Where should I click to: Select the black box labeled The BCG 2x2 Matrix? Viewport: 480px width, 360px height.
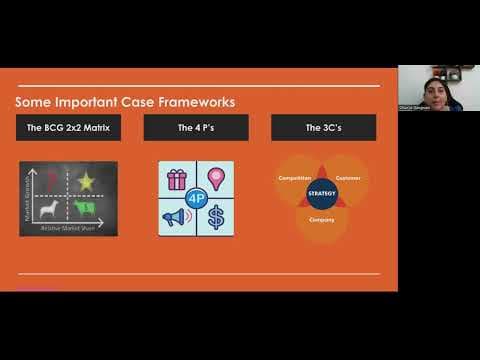pos(68,127)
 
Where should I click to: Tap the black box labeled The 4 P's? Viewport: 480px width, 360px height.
pos(196,127)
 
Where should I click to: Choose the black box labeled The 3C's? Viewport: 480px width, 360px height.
pos(323,127)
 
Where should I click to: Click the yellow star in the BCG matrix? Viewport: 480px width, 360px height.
pos(85,181)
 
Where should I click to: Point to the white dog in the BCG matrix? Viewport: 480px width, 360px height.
pos(48,210)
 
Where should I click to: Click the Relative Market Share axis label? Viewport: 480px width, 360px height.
pos(69,229)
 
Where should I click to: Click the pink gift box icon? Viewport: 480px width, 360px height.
pos(177,179)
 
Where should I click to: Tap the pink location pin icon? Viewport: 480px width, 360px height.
pos(215,178)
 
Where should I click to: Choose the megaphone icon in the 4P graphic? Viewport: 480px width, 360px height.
pos(176,216)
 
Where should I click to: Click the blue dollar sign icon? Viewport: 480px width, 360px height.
pos(215,216)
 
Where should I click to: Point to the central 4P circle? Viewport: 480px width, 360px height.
pos(196,197)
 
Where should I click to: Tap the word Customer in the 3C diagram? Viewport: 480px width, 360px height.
pos(349,179)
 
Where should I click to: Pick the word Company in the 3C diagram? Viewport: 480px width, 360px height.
pos(322,218)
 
